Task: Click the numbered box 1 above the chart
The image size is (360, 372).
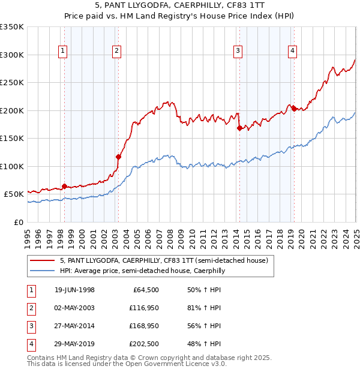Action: pos(63,51)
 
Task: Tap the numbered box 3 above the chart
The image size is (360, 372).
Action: pos(238,51)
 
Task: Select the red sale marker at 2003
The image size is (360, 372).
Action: pos(118,157)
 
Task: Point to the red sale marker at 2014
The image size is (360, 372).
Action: pos(239,128)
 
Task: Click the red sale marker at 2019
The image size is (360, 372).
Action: pos(293,109)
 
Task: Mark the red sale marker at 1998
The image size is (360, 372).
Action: pos(64,186)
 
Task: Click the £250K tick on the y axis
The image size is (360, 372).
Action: pos(12,83)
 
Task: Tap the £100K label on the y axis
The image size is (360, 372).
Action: pos(12,166)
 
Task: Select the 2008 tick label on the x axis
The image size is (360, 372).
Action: pos(170,238)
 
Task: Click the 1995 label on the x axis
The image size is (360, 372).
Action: pos(28,238)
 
